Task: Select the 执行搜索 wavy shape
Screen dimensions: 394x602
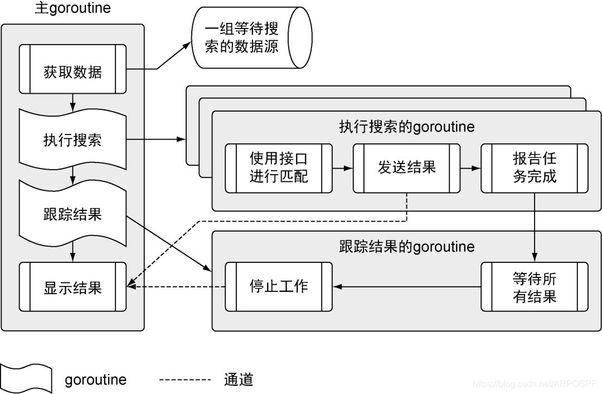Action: tap(72, 138)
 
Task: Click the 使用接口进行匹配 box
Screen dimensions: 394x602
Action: tap(279, 168)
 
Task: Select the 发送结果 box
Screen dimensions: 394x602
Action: tap(406, 168)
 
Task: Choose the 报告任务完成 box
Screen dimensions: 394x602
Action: tap(534, 168)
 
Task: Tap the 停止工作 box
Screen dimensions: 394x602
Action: tap(279, 286)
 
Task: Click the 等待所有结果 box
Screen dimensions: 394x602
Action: tap(534, 286)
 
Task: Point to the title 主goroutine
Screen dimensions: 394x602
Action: tap(72, 9)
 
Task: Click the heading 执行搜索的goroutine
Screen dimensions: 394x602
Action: tap(407, 127)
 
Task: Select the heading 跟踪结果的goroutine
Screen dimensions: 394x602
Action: tap(407, 246)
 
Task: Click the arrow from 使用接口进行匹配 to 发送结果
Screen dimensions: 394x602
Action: tap(343, 168)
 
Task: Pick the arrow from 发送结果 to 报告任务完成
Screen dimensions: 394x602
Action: tap(470, 168)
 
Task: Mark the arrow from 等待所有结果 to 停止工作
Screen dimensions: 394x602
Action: tap(407, 287)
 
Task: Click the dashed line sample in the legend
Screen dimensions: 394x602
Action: tap(185, 380)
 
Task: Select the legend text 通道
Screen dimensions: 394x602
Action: tap(239, 380)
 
